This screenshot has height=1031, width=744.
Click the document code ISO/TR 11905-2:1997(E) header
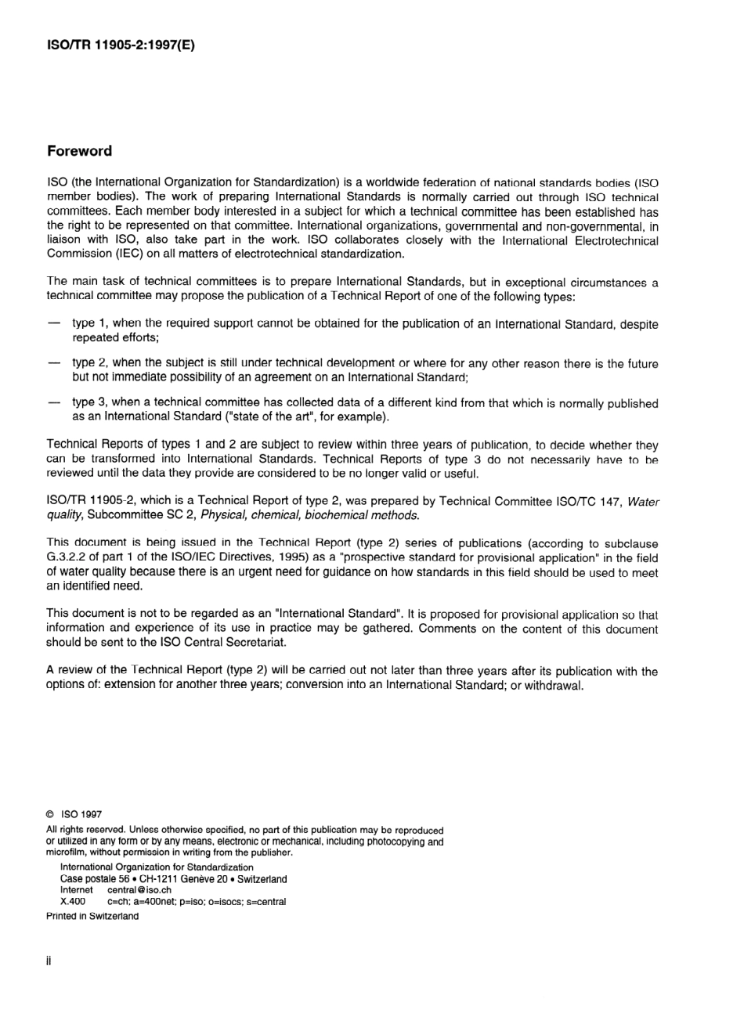(x=121, y=45)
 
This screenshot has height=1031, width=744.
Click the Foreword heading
(x=79, y=151)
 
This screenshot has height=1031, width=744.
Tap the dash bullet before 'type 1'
(x=54, y=323)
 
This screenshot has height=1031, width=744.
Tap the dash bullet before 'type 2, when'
(x=54, y=363)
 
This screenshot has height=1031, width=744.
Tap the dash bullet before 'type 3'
(x=54, y=403)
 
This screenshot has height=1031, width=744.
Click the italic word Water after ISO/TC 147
(x=643, y=501)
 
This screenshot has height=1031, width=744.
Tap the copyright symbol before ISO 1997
(x=51, y=814)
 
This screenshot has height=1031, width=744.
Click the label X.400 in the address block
(x=73, y=901)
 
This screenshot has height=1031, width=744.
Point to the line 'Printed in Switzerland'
(x=92, y=916)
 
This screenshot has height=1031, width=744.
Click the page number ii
(x=49, y=961)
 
